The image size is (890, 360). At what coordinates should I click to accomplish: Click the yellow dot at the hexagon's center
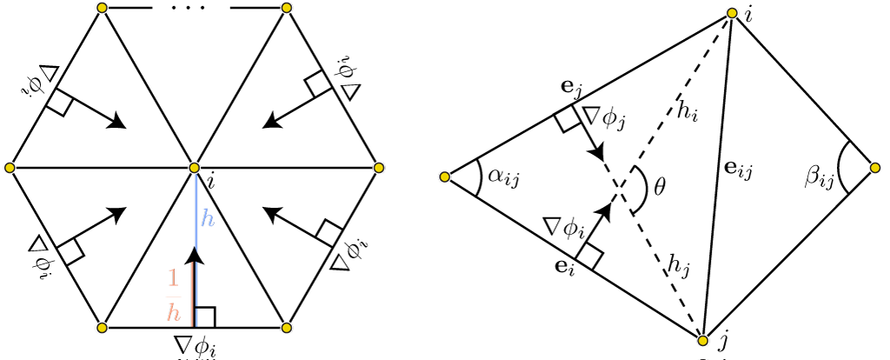coord(194,168)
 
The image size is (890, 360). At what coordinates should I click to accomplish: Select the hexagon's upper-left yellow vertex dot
coord(102,8)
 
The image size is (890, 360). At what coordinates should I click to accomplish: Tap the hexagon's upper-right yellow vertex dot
coord(287,8)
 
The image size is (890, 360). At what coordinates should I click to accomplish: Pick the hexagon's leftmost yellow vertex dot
coord(10,168)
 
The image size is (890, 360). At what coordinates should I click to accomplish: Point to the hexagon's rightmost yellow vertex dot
coord(379,168)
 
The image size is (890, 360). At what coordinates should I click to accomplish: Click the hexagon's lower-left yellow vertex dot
coord(102,328)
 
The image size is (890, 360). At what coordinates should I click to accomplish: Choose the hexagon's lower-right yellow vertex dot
coord(287,328)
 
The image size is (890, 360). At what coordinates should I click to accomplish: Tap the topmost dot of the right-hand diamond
coord(732,13)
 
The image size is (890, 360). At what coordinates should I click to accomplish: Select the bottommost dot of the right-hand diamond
coord(702,341)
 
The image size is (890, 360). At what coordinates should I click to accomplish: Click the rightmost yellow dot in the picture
coord(875,168)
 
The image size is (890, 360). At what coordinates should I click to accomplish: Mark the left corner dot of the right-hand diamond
coord(444,177)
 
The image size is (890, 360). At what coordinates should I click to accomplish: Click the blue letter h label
coord(208,218)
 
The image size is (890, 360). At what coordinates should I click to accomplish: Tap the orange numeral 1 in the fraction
coord(174,278)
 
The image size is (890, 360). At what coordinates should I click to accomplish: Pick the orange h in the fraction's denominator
coord(174,313)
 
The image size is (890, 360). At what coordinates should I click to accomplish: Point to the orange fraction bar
coord(174,297)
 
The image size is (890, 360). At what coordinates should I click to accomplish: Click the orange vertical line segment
coord(192,294)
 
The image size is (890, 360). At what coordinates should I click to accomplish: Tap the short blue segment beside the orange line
coord(196,283)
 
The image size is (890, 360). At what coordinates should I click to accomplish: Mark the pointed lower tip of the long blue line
coord(196,250)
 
